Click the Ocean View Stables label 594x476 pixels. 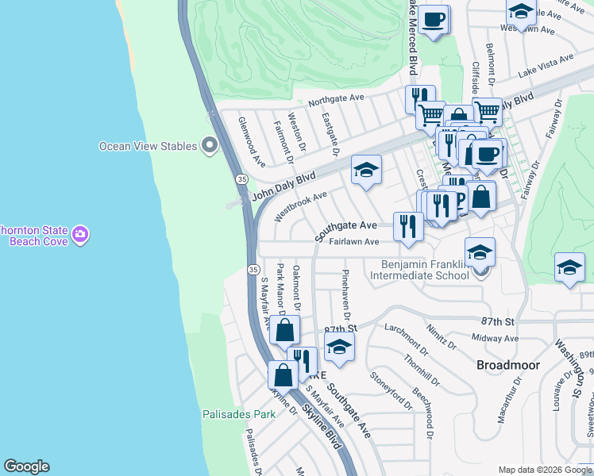(148, 146)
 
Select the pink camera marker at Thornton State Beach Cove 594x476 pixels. (79, 235)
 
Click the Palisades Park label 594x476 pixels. (238, 414)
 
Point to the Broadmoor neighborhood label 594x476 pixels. (507, 365)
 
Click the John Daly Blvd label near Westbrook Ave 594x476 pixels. (283, 186)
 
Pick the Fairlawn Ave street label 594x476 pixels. (353, 242)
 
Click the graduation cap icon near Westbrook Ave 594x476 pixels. (366, 170)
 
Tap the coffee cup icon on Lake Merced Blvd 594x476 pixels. (434, 19)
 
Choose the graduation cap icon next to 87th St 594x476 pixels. (339, 347)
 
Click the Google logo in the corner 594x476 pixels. (26, 466)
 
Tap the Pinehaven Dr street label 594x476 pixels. (345, 292)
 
